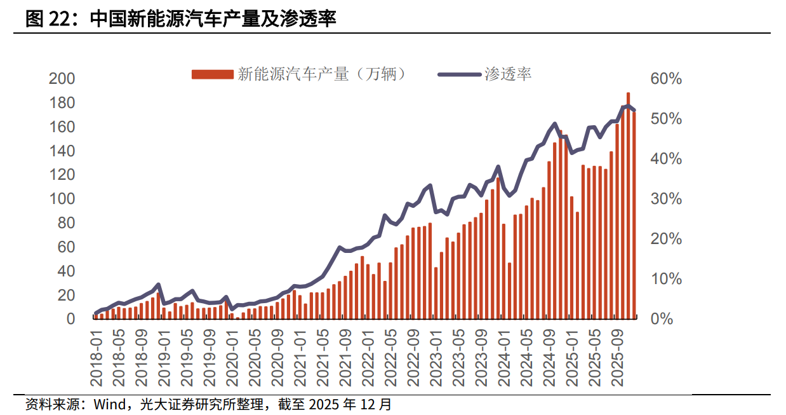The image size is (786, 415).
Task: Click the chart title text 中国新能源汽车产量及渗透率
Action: [213, 19]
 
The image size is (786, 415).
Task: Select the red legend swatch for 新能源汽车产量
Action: [212, 74]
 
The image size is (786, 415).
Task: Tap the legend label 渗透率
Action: [508, 74]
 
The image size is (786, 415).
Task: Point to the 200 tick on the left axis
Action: [62, 79]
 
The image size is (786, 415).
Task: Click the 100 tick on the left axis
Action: [62, 199]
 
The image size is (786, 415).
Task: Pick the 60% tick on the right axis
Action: [665, 79]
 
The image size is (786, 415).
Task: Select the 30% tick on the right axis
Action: [665, 199]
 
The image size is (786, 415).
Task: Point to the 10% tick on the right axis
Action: [665, 279]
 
